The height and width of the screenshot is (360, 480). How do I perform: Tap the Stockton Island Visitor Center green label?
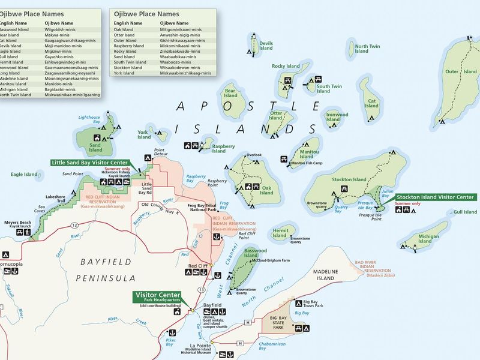click(434, 197)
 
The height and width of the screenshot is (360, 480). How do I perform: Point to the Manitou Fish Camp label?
click(307, 163)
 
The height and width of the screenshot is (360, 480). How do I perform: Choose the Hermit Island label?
click(280, 233)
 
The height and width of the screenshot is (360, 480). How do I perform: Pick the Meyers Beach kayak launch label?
click(17, 225)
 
